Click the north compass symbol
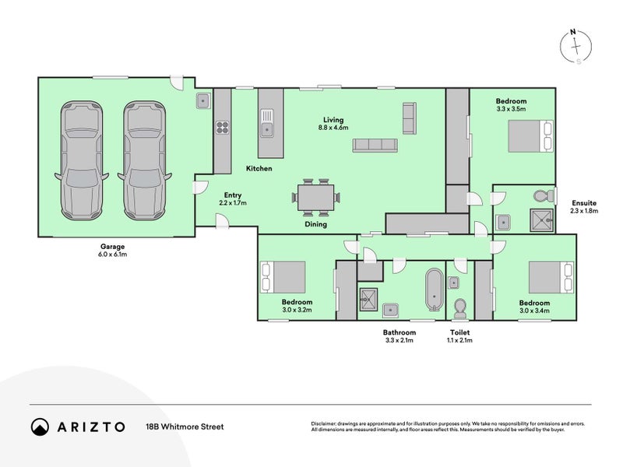click(x=575, y=47)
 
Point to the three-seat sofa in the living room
click(x=375, y=145)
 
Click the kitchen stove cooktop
click(x=222, y=127)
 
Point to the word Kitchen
click(x=259, y=169)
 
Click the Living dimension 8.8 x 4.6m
click(x=333, y=127)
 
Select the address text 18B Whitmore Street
click(x=185, y=427)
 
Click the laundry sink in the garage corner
click(x=203, y=100)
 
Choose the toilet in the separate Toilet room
click(x=459, y=307)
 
